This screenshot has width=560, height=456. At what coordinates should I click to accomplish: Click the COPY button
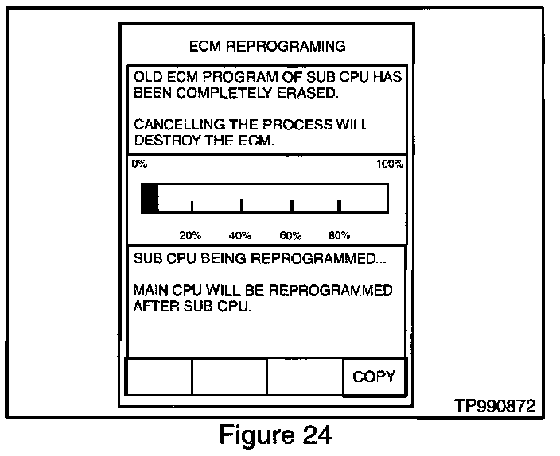coord(374,377)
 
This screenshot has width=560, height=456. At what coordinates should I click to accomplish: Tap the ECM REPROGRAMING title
coord(267,46)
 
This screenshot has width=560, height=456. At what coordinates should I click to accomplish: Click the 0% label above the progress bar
coord(139,164)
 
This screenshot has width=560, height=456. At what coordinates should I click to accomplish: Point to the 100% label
coord(390,164)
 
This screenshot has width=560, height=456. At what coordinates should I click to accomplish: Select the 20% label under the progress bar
coord(190,235)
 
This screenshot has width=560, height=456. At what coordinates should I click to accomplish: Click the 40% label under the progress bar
coord(240,235)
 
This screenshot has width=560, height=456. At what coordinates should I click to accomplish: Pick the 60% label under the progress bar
coord(290,235)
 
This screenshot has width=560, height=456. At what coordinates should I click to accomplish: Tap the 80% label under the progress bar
coord(340,235)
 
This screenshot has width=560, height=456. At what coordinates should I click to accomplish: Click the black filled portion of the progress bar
coord(149,198)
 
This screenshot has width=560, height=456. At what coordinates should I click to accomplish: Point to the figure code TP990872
coord(494,406)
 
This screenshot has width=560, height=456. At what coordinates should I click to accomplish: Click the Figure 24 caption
coord(268,436)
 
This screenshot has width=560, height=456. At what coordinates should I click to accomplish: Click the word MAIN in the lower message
coord(150,290)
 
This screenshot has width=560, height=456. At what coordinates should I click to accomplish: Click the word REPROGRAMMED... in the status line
coord(318,259)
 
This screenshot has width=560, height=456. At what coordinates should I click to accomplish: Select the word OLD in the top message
coord(148,77)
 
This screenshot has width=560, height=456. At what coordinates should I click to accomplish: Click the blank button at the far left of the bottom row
coord(159,377)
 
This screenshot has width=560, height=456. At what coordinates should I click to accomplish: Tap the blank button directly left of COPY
coord(305,377)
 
